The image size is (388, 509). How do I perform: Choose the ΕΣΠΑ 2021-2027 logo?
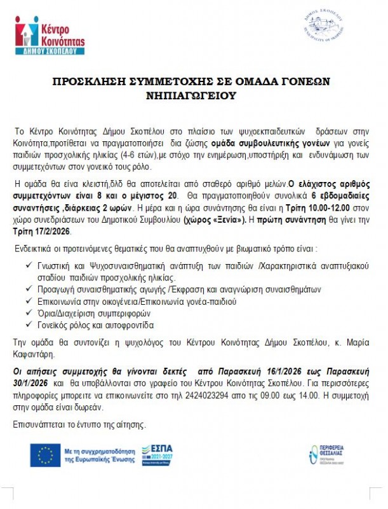[159, 455]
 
